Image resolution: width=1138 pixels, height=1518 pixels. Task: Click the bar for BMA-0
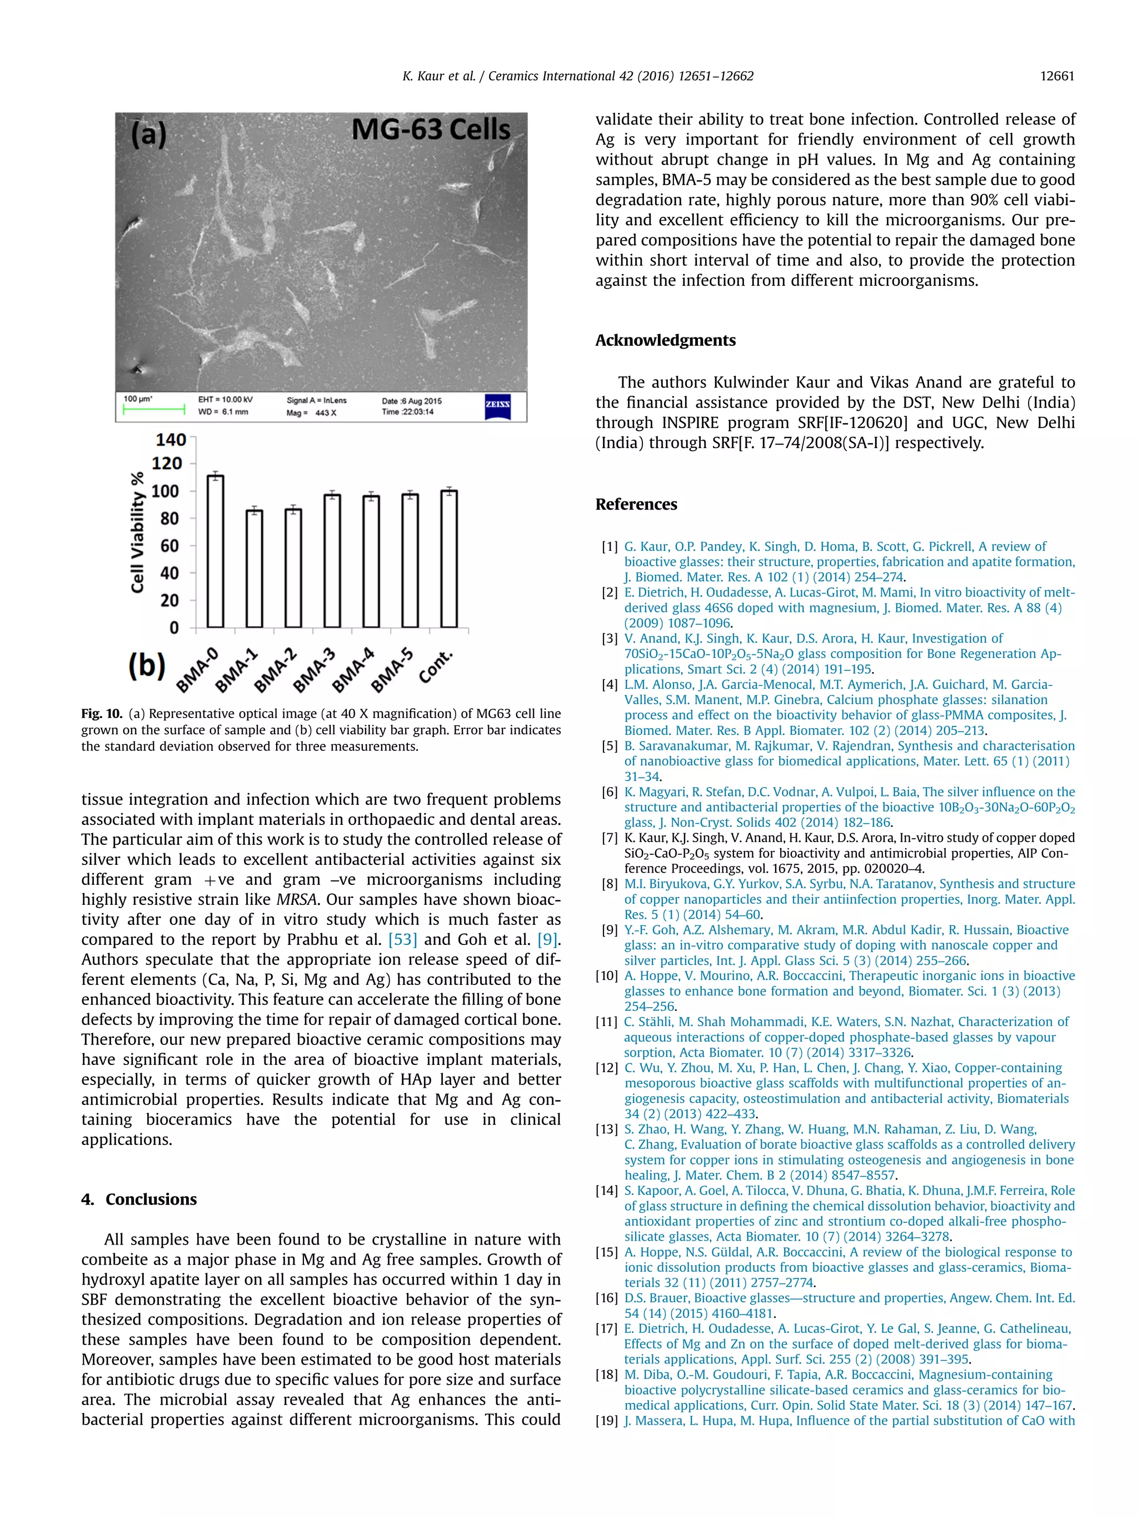click(216, 551)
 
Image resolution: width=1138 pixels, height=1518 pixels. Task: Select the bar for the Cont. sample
click(448, 559)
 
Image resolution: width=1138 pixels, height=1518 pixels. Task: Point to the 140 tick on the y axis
click(171, 439)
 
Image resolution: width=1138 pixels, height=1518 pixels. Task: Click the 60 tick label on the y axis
click(169, 546)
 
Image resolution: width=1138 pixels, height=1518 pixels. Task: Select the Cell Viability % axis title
click(138, 532)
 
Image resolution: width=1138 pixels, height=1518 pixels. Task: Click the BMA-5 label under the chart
click(392, 670)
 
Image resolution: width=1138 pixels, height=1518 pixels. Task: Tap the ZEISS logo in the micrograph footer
click(497, 405)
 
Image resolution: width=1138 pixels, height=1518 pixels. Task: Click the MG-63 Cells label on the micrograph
click(431, 130)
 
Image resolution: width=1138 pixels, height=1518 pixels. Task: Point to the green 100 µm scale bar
click(154, 410)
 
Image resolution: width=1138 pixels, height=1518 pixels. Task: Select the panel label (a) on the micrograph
click(149, 134)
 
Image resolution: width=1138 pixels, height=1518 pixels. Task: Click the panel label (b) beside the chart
click(147, 665)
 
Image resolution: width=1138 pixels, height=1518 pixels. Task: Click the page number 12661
click(1056, 76)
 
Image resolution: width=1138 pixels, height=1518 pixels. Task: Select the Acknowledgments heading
click(665, 340)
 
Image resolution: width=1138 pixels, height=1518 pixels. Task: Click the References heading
click(635, 504)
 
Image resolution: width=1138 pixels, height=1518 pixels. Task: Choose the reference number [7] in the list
click(609, 838)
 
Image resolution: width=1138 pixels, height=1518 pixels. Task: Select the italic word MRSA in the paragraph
click(296, 900)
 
